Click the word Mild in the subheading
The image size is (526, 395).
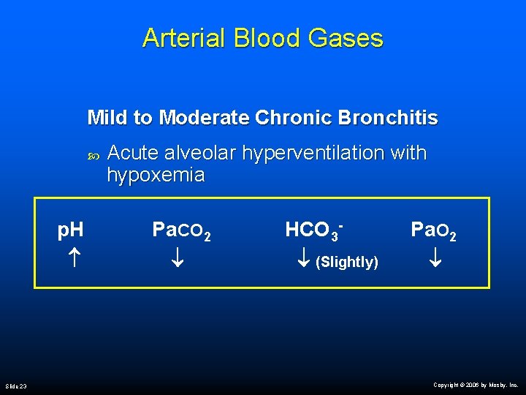tap(107, 117)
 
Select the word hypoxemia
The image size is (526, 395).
tap(156, 176)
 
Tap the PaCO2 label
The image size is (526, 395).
tap(182, 231)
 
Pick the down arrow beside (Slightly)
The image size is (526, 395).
tap(305, 260)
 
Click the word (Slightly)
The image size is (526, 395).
tap(346, 262)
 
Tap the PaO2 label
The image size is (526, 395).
tap(434, 231)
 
